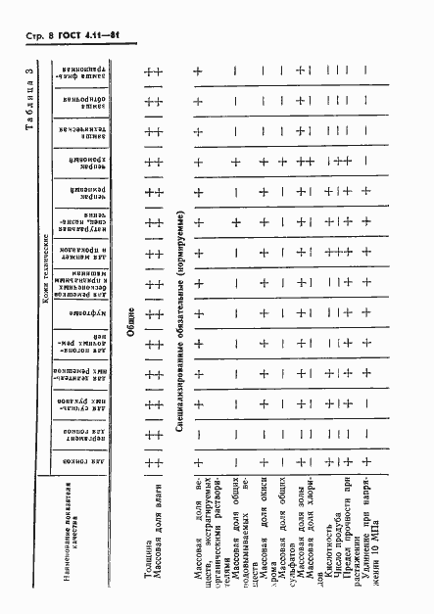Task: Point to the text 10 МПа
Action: [373, 509]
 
